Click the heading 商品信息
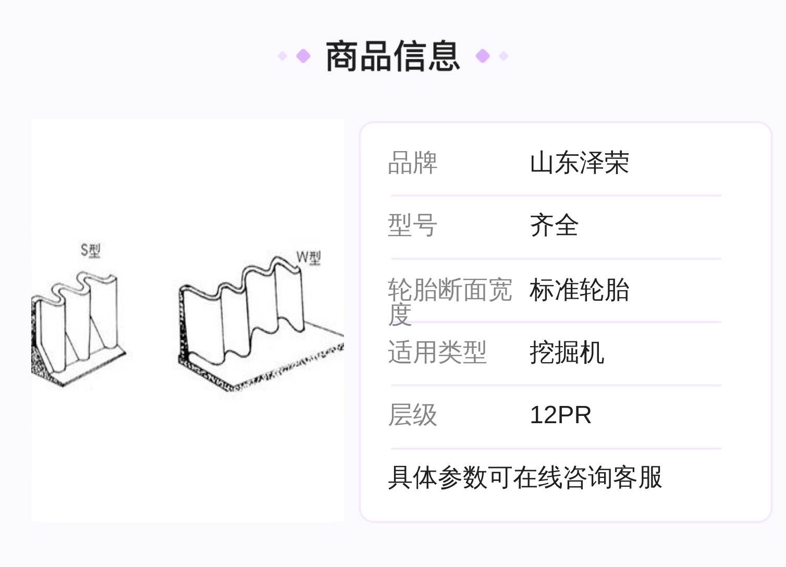coord(393,56)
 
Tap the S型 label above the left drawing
coord(90,251)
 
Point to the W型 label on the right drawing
coord(309,257)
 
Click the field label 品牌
coord(412,163)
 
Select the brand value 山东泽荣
coord(579,163)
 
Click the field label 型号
coord(412,226)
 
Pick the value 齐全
coord(554,226)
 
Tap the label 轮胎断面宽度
coord(449,301)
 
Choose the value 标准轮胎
coord(579,290)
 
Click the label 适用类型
coord(437,352)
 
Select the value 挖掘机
coord(567,353)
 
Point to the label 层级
coord(412,415)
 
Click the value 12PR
coord(560,415)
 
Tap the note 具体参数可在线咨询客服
coord(525,477)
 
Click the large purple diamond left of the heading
coord(303,56)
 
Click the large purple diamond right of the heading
coord(483,56)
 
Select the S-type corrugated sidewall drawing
coord(78,328)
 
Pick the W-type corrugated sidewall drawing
coord(255,323)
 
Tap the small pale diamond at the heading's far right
coord(503,56)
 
